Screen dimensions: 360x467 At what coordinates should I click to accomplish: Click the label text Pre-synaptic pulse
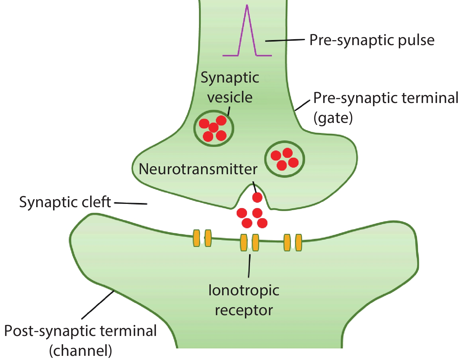click(x=372, y=40)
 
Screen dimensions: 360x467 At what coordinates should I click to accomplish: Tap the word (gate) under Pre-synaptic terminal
click(x=333, y=118)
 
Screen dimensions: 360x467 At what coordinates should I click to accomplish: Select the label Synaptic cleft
click(x=65, y=202)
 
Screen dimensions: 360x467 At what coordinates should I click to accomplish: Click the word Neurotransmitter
click(x=198, y=169)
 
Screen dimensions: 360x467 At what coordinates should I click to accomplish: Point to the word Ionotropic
click(x=244, y=290)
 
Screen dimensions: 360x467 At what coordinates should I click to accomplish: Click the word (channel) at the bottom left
click(x=80, y=351)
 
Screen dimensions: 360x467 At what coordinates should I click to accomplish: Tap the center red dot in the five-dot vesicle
click(x=213, y=128)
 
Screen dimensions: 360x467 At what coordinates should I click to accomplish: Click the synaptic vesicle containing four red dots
click(x=284, y=159)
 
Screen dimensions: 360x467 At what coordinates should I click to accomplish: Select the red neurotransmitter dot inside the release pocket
click(x=257, y=197)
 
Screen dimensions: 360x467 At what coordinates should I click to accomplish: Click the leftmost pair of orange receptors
click(x=202, y=238)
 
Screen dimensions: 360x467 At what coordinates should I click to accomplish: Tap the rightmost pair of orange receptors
click(x=293, y=242)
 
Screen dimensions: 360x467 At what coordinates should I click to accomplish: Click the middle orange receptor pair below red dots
click(x=249, y=242)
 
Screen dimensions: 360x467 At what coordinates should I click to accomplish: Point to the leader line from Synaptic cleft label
click(x=130, y=203)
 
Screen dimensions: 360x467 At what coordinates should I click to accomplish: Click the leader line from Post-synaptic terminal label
click(x=98, y=305)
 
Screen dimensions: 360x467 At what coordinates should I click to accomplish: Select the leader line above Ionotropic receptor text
click(x=249, y=266)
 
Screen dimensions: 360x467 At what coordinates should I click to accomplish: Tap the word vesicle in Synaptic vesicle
click(x=230, y=97)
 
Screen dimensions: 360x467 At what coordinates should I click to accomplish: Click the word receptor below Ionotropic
click(x=244, y=310)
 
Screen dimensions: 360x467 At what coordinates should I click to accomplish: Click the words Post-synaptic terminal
click(x=80, y=331)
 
